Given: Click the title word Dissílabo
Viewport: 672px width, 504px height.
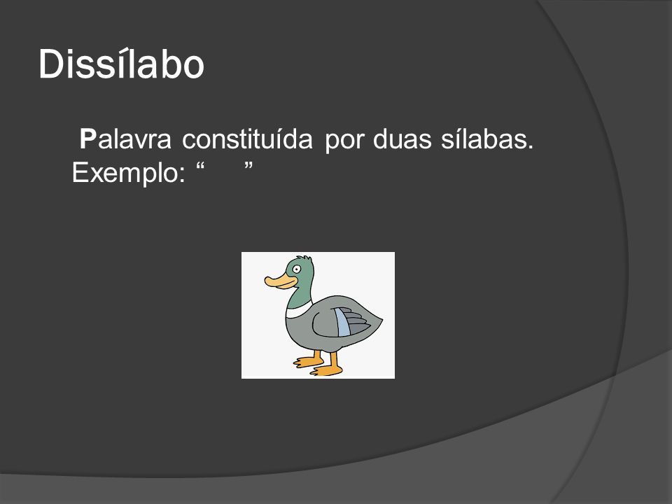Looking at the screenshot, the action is pos(121,64).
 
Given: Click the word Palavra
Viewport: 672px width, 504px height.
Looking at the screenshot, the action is pos(125,139).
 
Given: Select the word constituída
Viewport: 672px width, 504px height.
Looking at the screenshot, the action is pos(247,139).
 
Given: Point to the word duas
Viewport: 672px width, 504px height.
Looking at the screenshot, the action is pos(402,139).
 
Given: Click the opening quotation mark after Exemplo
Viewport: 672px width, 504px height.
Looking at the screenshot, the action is pos(200,166).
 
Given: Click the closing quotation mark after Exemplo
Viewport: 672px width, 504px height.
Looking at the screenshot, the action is pos(248,166).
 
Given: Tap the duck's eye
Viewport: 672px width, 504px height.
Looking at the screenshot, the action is pos(297,269).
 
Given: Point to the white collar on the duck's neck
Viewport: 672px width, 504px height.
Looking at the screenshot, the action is pos(299,310).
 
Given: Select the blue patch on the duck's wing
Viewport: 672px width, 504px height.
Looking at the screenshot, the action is pos(343,322).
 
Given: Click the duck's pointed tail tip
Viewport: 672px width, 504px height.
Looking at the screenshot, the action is pos(381,319).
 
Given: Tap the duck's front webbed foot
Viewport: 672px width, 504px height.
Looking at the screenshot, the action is pos(308,361).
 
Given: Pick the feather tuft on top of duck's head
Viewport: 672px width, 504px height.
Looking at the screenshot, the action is pos(304,258).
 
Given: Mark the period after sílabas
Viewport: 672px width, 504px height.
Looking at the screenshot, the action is pos(531,147).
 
